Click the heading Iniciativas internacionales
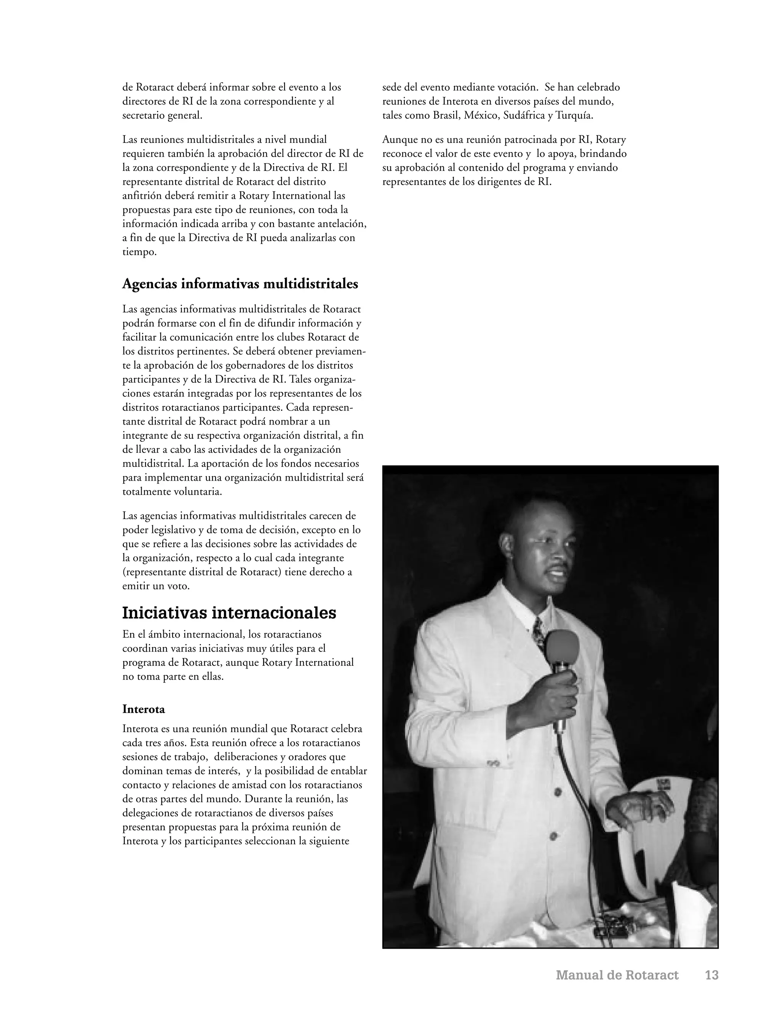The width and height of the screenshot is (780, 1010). [x=229, y=613]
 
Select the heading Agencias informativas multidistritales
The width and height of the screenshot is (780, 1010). [x=240, y=284]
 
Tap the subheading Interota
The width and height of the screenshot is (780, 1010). [x=143, y=709]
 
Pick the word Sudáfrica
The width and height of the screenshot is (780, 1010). [x=524, y=115]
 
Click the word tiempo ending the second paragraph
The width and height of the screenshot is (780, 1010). [x=139, y=252]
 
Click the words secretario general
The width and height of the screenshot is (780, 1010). [x=162, y=115]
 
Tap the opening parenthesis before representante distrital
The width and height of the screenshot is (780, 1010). [x=124, y=572]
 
